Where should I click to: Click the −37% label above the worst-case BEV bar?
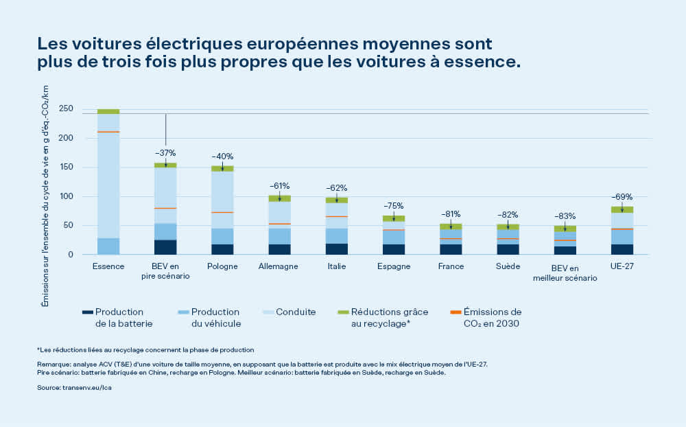click(x=165, y=152)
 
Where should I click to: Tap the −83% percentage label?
click(x=565, y=216)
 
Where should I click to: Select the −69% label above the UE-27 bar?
click(x=622, y=196)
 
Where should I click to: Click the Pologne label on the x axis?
click(x=222, y=266)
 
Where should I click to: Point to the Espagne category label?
click(x=393, y=266)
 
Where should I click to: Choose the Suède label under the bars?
click(x=508, y=266)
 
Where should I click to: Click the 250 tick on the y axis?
click(x=66, y=108)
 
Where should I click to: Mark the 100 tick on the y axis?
click(x=66, y=196)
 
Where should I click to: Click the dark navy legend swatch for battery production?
click(x=86, y=312)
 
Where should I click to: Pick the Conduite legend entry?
click(x=296, y=312)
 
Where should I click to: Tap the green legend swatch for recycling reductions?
click(x=343, y=312)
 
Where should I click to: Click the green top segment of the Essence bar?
click(x=108, y=111)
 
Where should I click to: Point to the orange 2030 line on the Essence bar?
click(x=108, y=132)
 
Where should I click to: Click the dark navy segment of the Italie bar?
click(x=336, y=249)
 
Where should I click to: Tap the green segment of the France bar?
click(x=451, y=227)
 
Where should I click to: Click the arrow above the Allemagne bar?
click(x=279, y=197)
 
